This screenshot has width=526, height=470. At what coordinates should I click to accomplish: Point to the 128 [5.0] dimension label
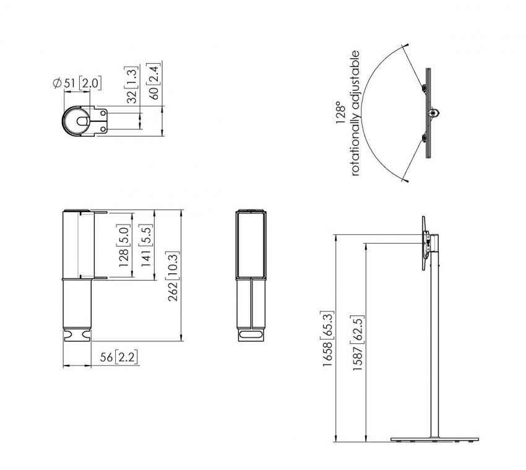[123, 246]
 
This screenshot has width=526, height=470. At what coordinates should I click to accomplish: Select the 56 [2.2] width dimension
[116, 357]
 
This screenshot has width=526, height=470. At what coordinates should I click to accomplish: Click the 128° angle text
[340, 114]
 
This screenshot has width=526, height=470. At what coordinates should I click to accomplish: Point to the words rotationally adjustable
[355, 114]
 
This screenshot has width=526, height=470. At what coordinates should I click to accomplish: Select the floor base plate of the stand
[436, 439]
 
